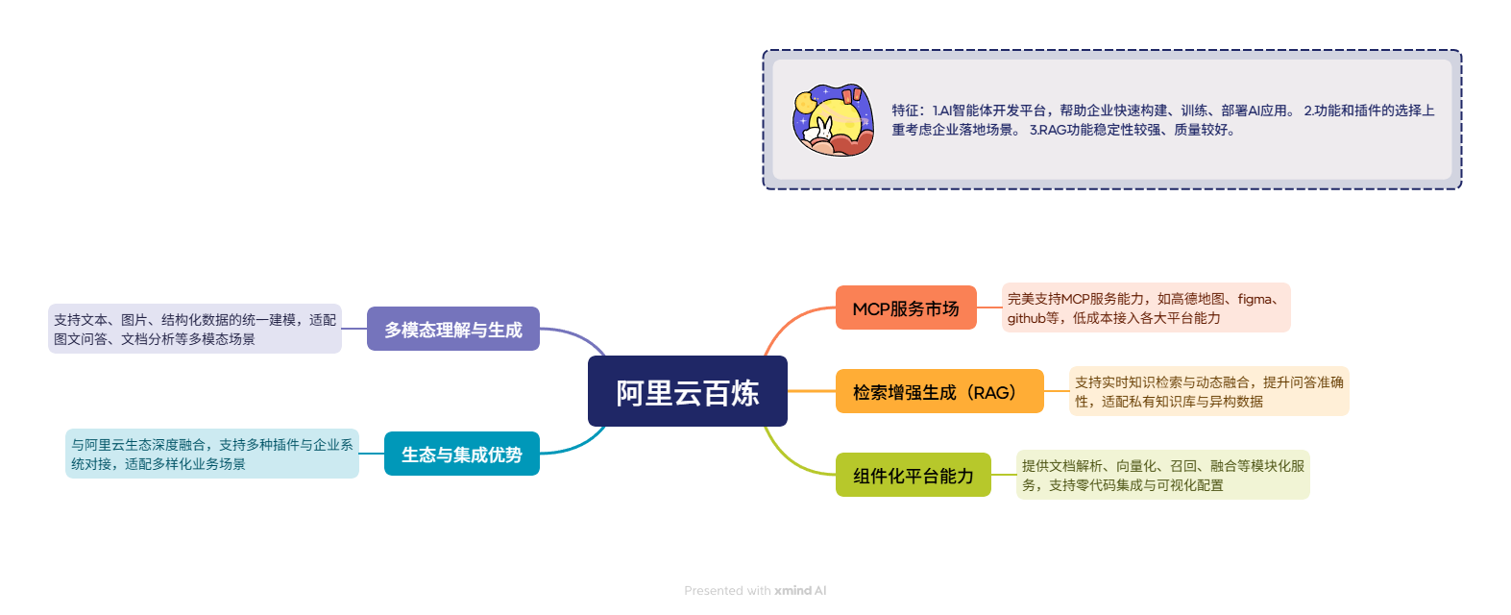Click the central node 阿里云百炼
click(x=687, y=391)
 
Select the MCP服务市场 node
click(x=905, y=307)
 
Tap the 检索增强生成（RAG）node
click(x=938, y=391)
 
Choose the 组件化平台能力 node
click(x=913, y=475)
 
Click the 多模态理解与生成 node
click(x=452, y=329)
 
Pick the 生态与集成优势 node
click(x=461, y=454)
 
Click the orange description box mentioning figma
click(x=1145, y=307)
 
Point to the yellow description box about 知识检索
click(x=1208, y=391)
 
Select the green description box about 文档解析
click(x=1162, y=475)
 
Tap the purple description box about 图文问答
click(x=194, y=329)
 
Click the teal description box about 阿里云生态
click(x=211, y=454)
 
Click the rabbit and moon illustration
click(x=833, y=119)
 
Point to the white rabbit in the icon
click(x=823, y=129)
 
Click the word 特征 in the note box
click(x=906, y=111)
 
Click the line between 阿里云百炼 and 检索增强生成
click(x=812, y=391)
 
